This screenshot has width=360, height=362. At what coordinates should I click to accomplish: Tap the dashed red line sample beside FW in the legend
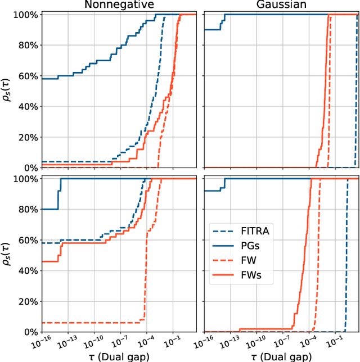coord(223,261)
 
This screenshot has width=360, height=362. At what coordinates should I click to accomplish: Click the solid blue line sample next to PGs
coord(223,246)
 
